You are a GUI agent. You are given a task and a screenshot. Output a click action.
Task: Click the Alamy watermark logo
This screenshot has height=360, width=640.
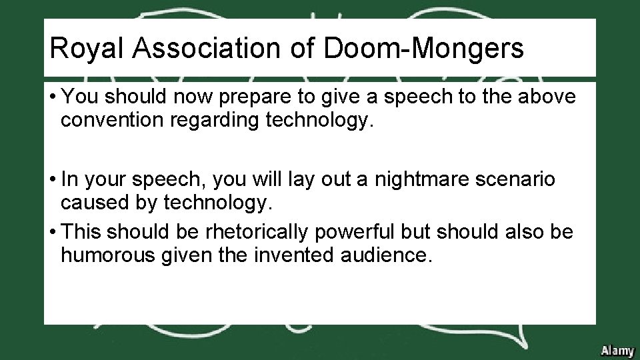617,350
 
